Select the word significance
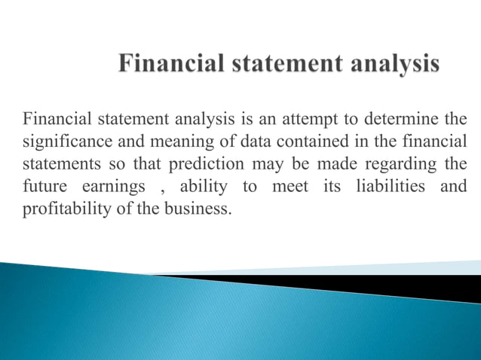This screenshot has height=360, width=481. (x=64, y=142)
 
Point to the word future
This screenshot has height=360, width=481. (x=42, y=185)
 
